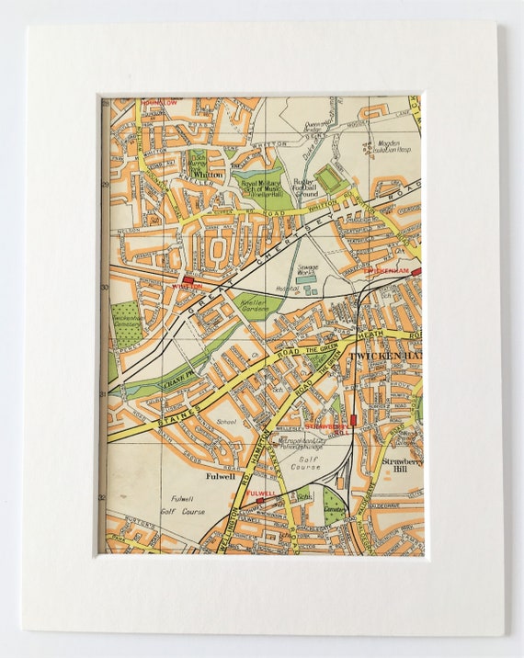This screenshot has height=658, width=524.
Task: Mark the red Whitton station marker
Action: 188,278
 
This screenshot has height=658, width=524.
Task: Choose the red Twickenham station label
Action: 383,273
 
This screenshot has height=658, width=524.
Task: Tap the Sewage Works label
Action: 306,270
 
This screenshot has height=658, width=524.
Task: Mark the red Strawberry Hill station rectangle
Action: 352,420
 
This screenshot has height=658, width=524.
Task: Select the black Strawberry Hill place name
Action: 401,466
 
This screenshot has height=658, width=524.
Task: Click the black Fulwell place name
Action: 221,476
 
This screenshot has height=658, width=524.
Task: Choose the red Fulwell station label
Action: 261,493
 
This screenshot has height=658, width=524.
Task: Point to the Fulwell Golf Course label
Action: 184,505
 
